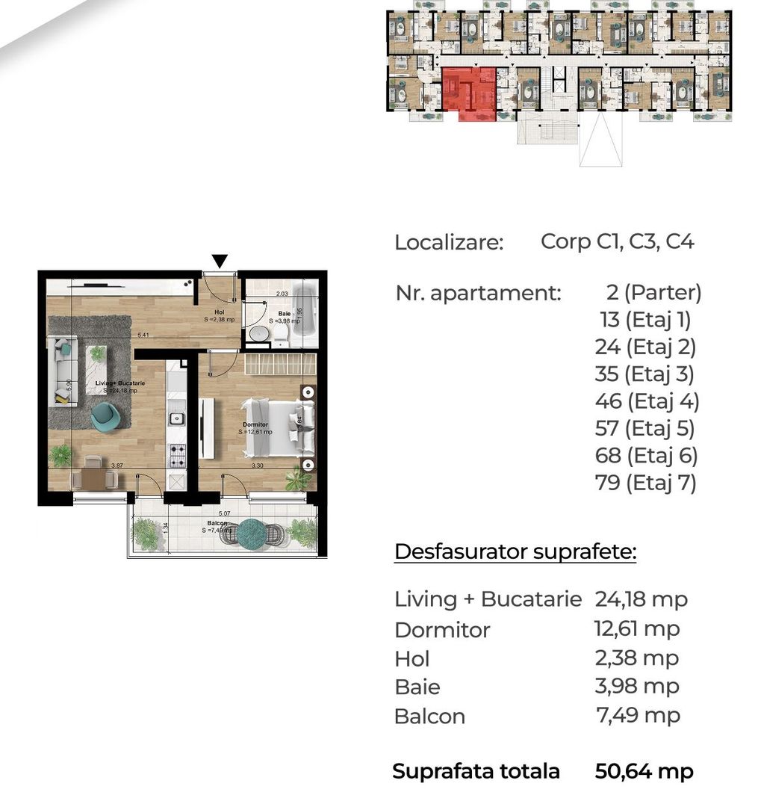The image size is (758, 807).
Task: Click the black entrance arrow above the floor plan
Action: coord(220,261)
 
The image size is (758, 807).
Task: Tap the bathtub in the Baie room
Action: coord(304,315)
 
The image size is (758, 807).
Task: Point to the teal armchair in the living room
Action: coord(105,417)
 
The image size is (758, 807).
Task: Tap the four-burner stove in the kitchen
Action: coord(178,452)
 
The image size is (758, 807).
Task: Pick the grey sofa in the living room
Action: coord(63,371)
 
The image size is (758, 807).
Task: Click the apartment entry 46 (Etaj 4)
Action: coord(647,401)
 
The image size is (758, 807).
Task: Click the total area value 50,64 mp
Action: coord(644,771)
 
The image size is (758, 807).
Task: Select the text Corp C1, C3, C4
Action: coord(618,242)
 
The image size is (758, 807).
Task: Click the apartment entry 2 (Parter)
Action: coord(654,292)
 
